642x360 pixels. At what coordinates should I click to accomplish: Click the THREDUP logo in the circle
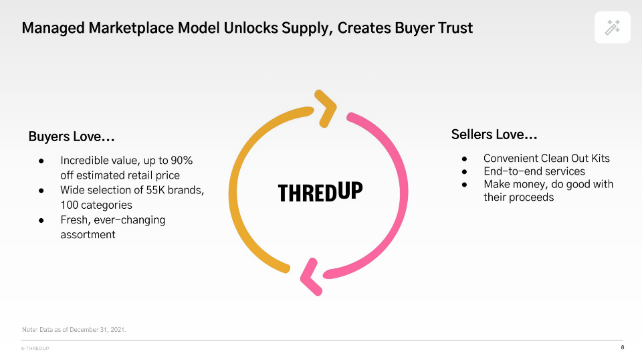pos(320,191)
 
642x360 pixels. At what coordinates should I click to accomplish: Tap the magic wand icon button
pos(612,27)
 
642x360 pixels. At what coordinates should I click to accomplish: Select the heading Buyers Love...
pos(72,137)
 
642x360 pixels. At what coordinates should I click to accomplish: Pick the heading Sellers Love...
pos(494,134)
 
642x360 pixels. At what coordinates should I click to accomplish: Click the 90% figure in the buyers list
pos(182,160)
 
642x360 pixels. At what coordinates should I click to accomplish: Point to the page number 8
pos(623,347)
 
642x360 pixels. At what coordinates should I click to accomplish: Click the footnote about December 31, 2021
pos(74,330)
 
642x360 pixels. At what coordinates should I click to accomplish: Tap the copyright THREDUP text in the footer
pos(35,349)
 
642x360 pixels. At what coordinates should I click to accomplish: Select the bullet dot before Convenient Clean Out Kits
pos(464,159)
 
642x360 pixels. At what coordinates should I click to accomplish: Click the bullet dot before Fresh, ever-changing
pos(41,220)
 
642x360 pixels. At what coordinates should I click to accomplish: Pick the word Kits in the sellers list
pos(601,158)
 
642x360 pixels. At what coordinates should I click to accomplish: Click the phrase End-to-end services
pos(534,171)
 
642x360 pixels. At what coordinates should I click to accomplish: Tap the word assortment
pos(88,235)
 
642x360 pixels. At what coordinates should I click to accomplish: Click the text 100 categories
pos(96,205)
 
